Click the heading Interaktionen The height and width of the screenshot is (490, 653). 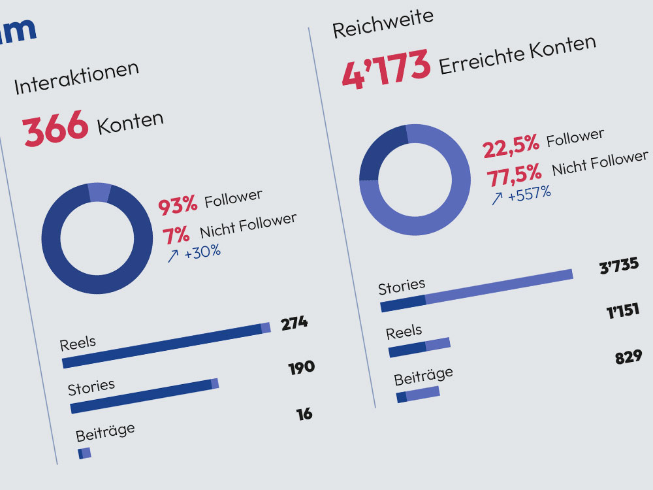click(x=76, y=78)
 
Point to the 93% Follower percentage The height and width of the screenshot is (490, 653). click(x=178, y=204)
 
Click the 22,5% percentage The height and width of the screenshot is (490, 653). click(x=511, y=146)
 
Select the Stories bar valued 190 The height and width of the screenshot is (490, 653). click(x=144, y=397)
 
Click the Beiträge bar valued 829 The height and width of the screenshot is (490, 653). click(x=418, y=394)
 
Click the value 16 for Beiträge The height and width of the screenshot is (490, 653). click(x=304, y=414)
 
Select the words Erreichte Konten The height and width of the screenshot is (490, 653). click(x=517, y=56)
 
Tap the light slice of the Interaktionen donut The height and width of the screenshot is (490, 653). click(x=99, y=192)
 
